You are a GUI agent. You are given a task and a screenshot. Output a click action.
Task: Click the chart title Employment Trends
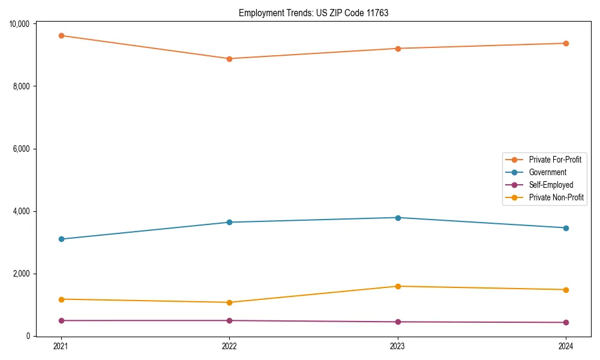[314, 13]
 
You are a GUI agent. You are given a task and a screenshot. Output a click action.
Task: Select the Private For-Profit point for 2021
[61, 35]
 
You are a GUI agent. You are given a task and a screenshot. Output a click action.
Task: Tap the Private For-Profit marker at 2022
[229, 59]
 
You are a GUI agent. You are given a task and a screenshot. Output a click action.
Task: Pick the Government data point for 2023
[398, 218]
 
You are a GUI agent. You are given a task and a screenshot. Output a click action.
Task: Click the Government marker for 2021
[61, 239]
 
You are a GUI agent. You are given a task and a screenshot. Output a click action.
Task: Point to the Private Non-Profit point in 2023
[398, 286]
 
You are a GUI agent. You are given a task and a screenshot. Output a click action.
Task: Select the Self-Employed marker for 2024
[566, 322]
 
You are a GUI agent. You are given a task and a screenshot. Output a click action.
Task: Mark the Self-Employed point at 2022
[229, 320]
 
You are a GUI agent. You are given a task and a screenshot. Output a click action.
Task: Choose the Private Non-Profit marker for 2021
[61, 299]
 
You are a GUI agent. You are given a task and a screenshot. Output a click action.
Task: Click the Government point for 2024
[566, 228]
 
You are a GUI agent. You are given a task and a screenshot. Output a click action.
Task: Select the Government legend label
[547, 172]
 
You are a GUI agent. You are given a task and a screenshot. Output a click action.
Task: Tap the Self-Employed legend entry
[551, 185]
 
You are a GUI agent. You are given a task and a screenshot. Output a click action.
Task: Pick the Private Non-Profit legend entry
[556, 197]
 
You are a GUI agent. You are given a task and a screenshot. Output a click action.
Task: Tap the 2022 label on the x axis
[229, 346]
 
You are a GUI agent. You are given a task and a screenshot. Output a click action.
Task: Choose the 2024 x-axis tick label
[566, 346]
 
